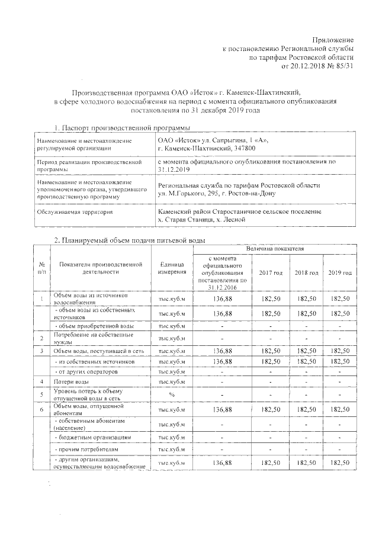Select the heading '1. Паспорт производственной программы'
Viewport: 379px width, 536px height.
(121, 128)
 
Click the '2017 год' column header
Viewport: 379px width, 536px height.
(271, 272)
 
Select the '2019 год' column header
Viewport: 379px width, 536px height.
(340, 272)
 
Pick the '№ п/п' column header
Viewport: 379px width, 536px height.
(42, 268)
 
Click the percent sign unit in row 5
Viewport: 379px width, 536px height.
(172, 394)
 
